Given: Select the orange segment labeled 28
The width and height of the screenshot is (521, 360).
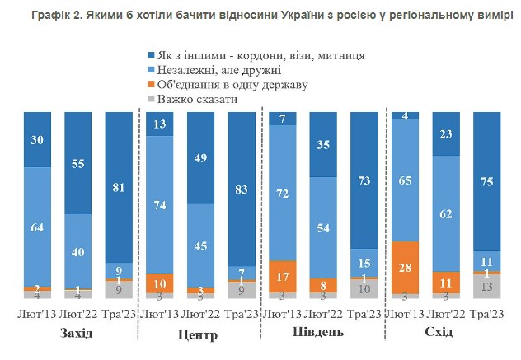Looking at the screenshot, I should pos(406,266).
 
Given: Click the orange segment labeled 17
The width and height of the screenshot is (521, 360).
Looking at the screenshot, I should pos(283,275).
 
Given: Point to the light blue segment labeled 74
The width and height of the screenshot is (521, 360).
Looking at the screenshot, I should pos(160,204).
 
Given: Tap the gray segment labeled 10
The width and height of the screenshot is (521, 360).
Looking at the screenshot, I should pos(363,288).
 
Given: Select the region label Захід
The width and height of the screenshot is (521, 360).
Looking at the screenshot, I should pos(77,334).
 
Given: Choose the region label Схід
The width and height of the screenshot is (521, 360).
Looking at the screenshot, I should pos(444,333).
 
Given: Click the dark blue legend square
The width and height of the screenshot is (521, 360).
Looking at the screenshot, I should pos(151,56).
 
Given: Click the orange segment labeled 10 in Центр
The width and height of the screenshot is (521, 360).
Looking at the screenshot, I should pos(160,283).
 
